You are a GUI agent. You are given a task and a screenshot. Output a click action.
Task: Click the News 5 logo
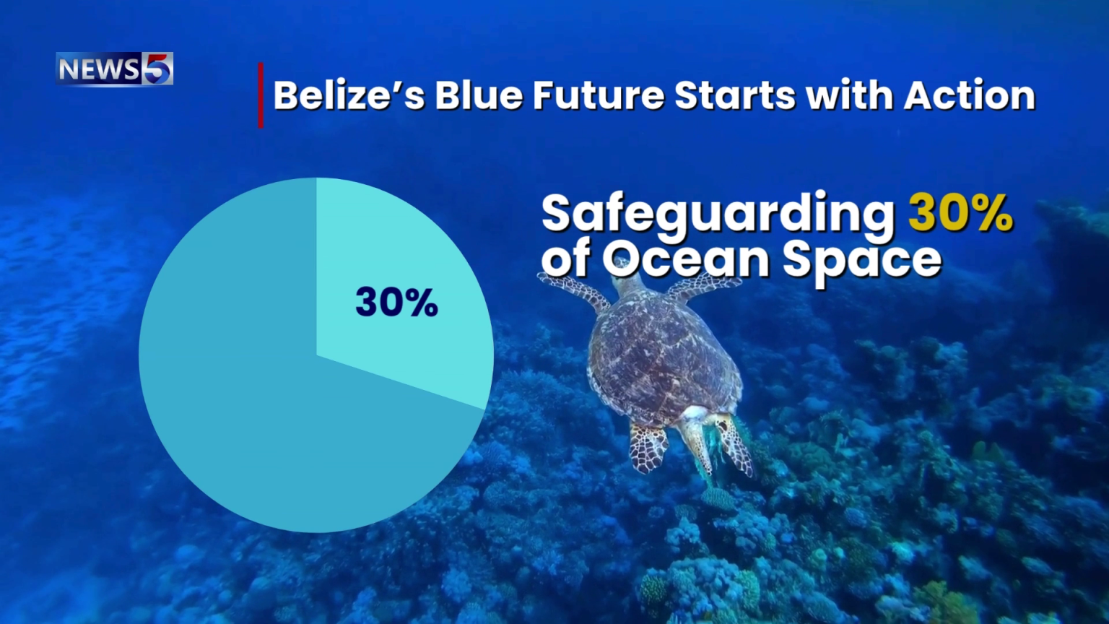coord(114,69)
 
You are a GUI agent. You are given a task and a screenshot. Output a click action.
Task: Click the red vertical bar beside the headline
coord(261,95)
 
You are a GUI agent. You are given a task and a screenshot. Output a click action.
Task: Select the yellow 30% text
coord(960,213)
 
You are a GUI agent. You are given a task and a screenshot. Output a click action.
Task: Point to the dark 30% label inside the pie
coord(396,302)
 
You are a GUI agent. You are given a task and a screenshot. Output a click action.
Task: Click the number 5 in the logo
coord(157,69)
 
